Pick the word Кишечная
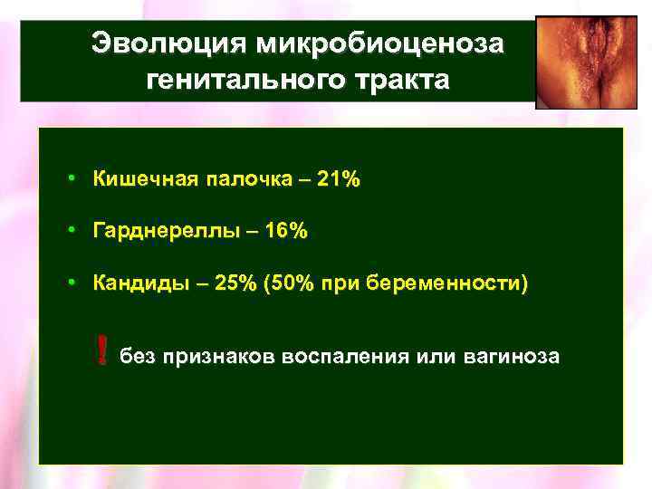coord(142,179)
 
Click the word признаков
coord(215,356)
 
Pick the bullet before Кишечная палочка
coord(71,179)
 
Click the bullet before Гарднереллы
coord(71,232)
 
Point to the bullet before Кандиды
coord(71,284)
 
